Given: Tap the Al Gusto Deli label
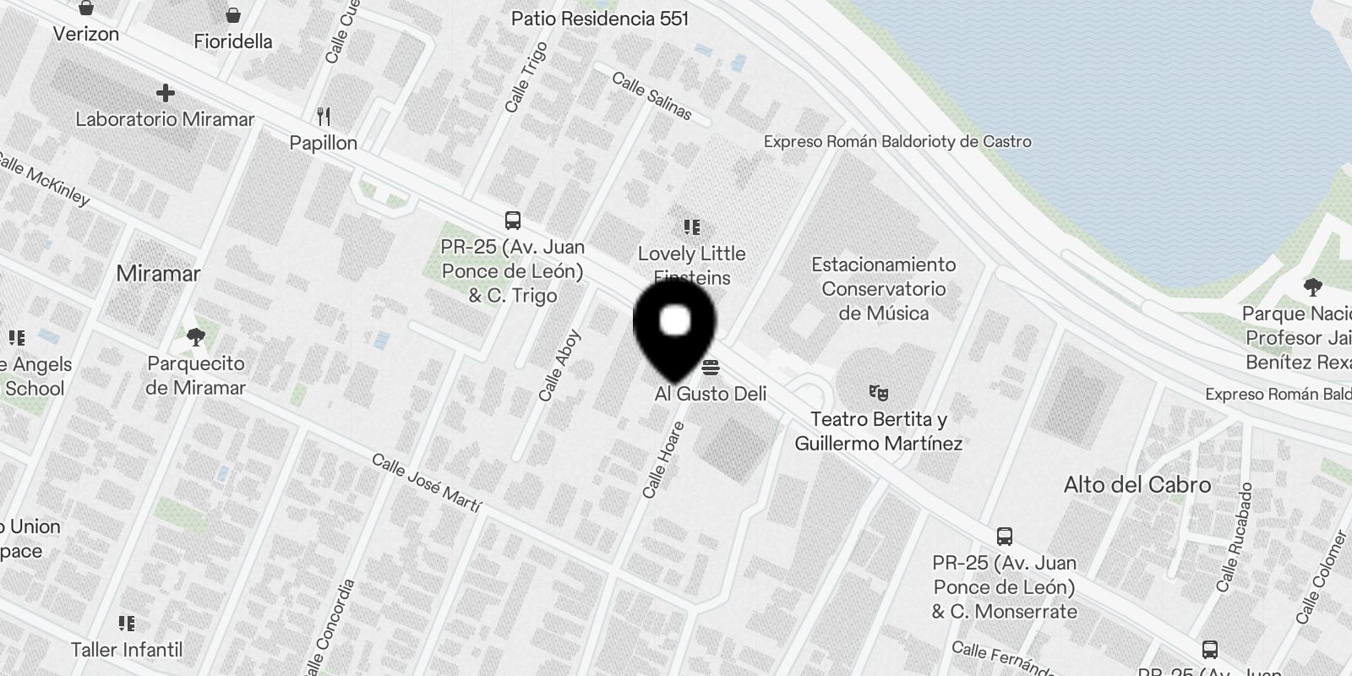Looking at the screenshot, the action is point(711,394).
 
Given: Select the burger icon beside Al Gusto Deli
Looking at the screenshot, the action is point(711,368).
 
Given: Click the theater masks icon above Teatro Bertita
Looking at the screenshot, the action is point(879,393).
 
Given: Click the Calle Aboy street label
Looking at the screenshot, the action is point(560,365).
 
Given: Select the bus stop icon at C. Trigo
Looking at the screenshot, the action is point(512,221).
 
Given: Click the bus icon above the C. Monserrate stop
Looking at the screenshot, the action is point(1005,537).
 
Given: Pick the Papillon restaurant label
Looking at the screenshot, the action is point(324,143).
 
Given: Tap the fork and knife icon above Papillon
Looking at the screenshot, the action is point(324,116).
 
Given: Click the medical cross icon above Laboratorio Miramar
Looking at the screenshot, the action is point(166,92).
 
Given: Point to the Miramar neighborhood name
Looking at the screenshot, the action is point(158,274).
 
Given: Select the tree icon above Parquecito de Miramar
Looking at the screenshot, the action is point(196,338).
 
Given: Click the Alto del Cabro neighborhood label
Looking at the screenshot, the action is point(1137,485).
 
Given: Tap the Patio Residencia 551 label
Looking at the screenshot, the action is point(600,19).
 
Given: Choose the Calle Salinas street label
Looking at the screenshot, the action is point(651,96).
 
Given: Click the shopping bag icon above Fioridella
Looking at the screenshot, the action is point(233,15).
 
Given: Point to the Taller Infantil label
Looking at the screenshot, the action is point(127,650).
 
